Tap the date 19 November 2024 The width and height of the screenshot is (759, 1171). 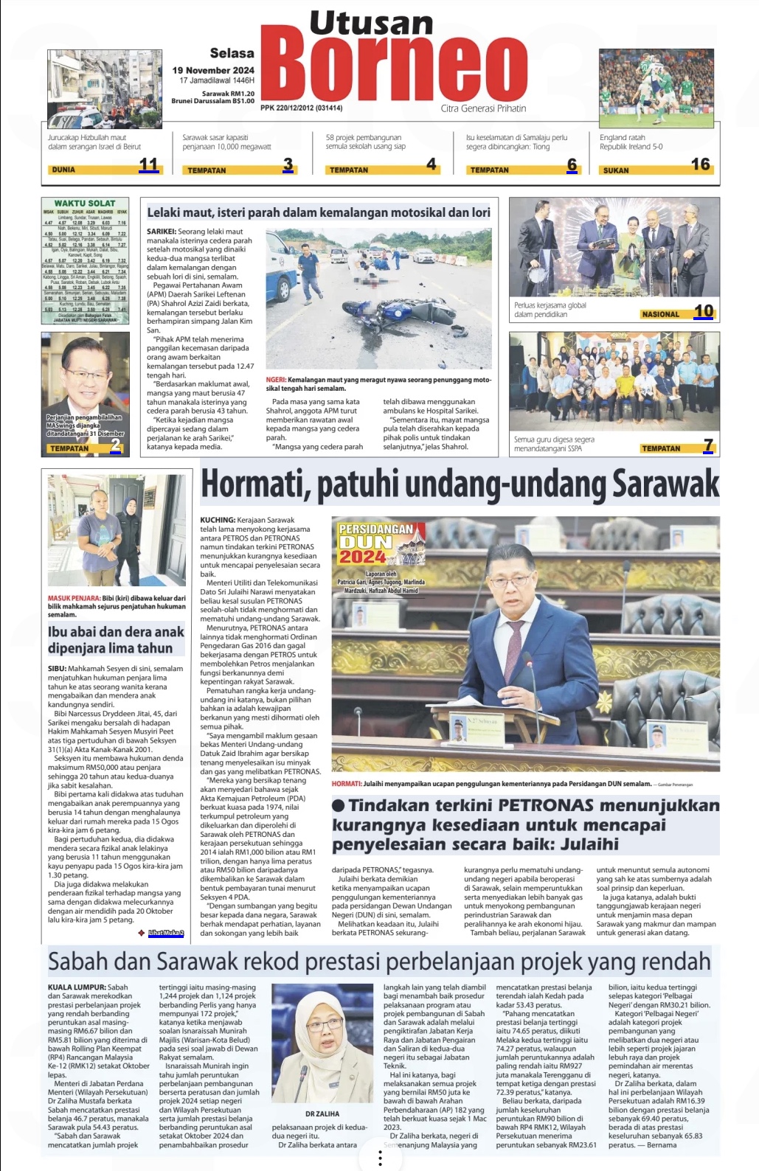pos(213,71)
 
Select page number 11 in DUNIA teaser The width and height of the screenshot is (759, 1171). pos(148,164)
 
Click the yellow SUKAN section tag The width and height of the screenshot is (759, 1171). pos(616,170)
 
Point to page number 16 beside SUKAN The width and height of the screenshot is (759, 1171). pos(700,164)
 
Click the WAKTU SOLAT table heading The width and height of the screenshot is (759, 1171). pos(85,204)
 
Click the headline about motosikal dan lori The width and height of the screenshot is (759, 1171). pos(319,212)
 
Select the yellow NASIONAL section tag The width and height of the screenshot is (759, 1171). pos(660,314)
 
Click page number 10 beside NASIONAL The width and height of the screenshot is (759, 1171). pos(704,311)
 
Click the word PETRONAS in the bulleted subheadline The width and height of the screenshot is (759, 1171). pos(546,805)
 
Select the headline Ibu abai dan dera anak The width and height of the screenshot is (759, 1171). pos(116,639)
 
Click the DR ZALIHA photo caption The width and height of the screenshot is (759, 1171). pos(322,1113)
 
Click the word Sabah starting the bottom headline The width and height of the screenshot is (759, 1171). pos(77,962)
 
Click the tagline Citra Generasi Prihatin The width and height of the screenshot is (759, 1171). pos(483,108)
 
